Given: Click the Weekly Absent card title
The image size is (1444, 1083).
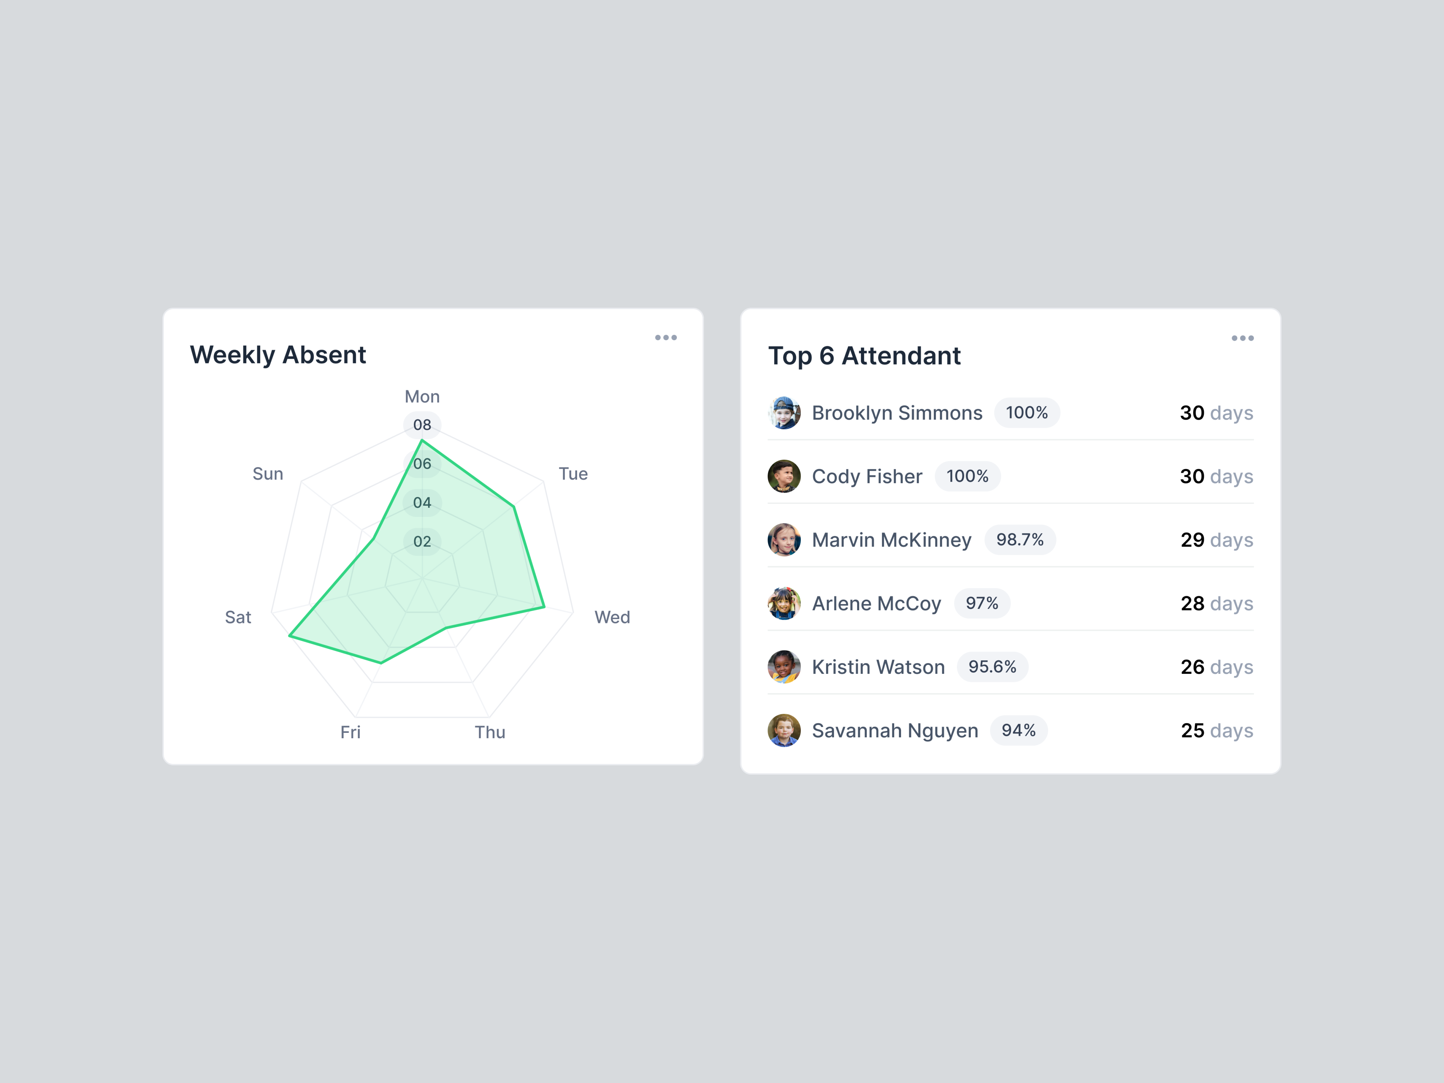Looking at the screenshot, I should [x=277, y=355].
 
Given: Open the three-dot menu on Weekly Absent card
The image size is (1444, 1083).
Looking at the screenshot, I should [x=666, y=338].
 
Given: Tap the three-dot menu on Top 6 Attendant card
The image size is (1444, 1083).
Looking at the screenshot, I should [x=1242, y=338].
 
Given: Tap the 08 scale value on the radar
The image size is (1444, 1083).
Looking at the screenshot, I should [x=422, y=425].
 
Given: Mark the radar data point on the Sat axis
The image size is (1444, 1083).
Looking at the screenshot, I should [x=290, y=635].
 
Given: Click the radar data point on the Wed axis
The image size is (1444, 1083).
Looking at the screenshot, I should [x=544, y=607].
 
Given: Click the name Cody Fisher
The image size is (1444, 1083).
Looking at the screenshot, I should [x=867, y=477].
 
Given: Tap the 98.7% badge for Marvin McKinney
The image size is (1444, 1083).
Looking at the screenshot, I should [x=1020, y=540].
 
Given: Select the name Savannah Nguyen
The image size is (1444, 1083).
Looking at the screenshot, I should [x=894, y=730].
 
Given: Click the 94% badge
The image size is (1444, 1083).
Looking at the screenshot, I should [x=1018, y=730].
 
